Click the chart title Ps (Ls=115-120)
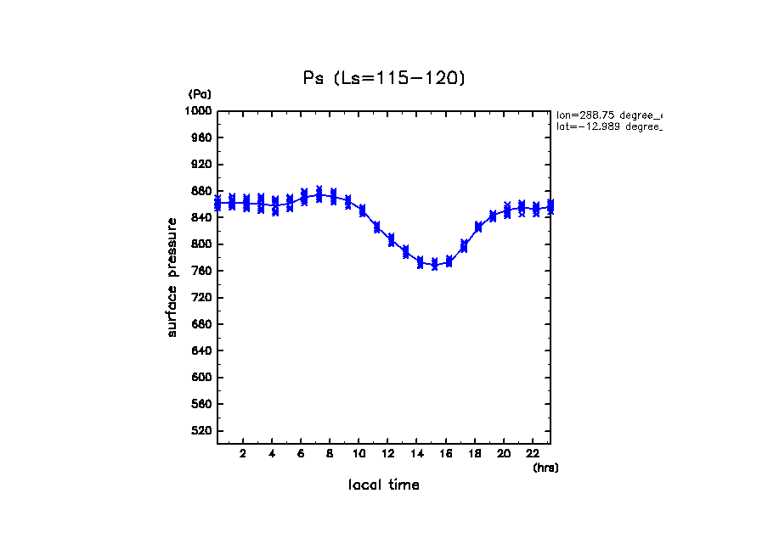click(385, 78)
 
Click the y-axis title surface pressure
click(172, 277)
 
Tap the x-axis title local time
click(384, 485)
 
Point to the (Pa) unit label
click(200, 94)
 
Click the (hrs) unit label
click(545, 468)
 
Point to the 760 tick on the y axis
click(201, 272)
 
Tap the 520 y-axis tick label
click(201, 431)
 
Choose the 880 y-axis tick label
click(201, 191)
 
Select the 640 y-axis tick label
click(201, 351)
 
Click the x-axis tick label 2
click(243, 454)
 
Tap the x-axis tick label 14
click(417, 454)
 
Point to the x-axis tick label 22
click(533, 454)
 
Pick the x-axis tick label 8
click(330, 454)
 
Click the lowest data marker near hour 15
click(434, 265)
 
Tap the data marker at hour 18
click(478, 227)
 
